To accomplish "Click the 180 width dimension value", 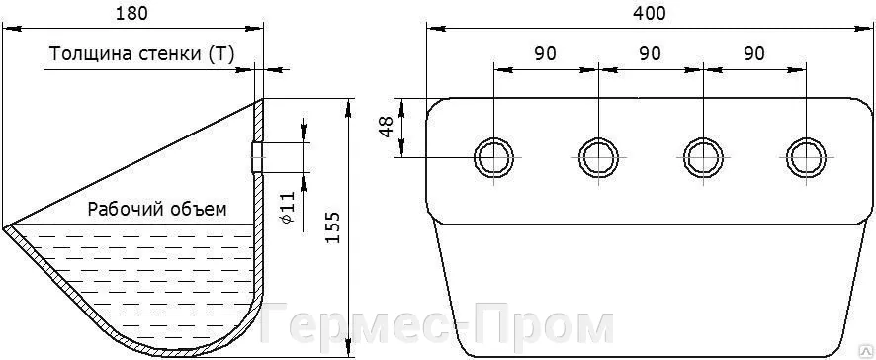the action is [x=131, y=14].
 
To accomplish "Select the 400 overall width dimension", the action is [x=650, y=14].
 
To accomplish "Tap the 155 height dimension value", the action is [x=332, y=226].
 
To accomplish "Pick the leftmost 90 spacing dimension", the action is [x=545, y=53].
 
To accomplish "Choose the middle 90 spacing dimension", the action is [x=650, y=53].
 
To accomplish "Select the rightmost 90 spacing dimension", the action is [x=753, y=53].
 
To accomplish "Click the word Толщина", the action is [x=84, y=54].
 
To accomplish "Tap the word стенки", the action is [x=162, y=55].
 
